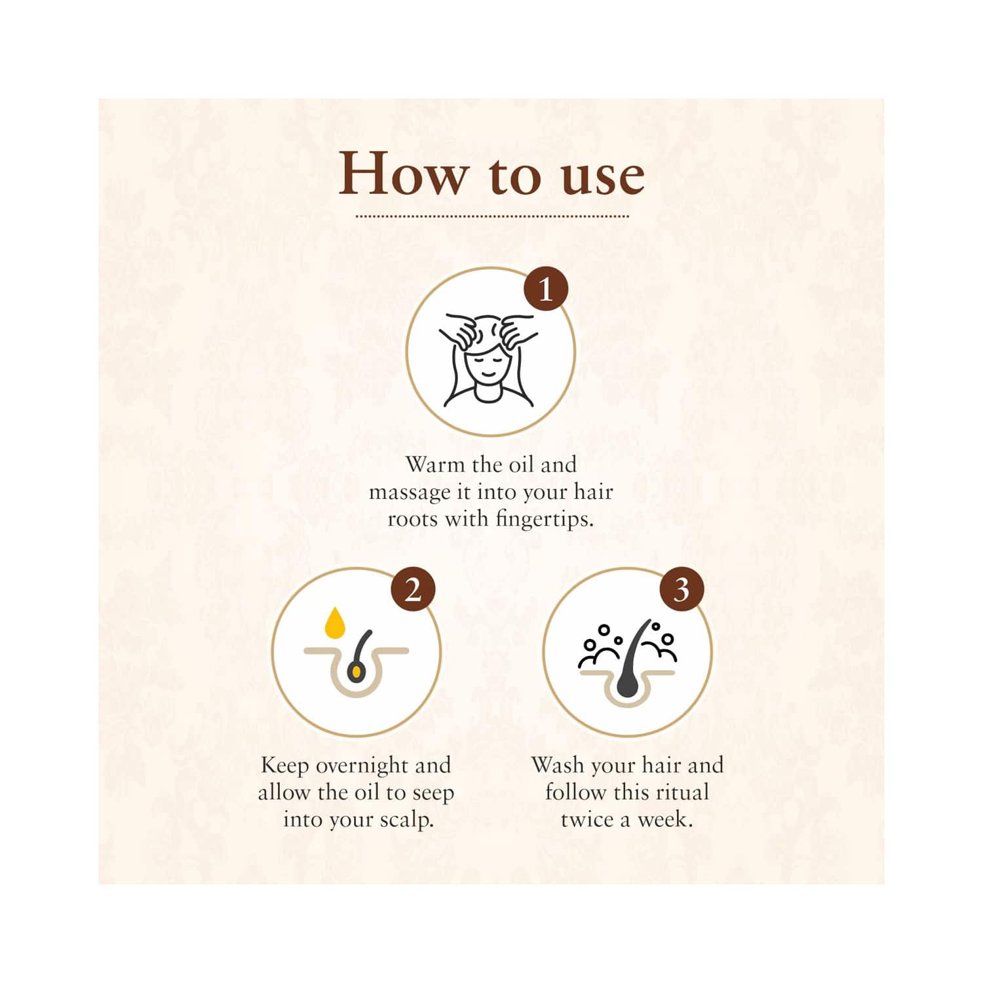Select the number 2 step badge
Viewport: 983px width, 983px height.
click(x=413, y=591)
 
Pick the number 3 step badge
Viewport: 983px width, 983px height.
click(x=682, y=591)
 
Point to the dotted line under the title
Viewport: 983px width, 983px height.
click(x=492, y=216)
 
